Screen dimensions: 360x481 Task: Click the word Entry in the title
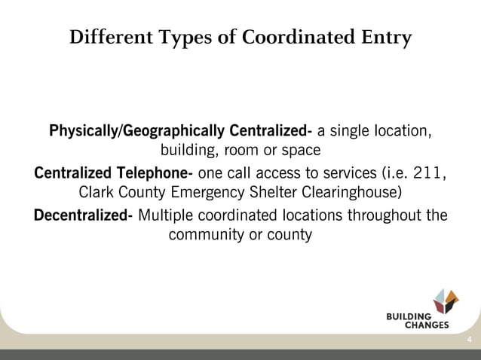click(x=386, y=37)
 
